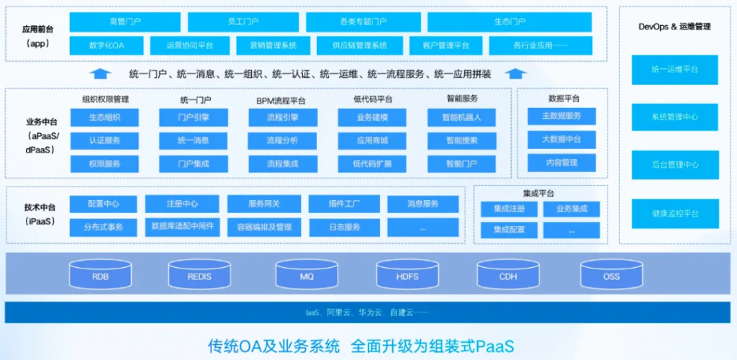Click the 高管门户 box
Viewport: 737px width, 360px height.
[125, 22]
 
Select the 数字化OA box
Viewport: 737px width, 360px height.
[107, 45]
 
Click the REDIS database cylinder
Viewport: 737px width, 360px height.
[199, 276]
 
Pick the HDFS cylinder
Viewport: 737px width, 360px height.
[407, 276]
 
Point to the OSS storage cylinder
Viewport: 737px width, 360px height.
[611, 276]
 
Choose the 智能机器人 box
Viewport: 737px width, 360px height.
[461, 117]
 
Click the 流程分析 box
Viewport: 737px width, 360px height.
[282, 140]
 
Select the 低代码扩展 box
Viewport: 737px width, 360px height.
[372, 163]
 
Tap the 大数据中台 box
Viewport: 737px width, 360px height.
[561, 139]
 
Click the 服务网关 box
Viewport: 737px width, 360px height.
[263, 204]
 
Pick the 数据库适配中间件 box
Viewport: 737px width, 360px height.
[182, 227]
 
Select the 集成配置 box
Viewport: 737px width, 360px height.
[509, 230]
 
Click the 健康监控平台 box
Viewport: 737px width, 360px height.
[674, 213]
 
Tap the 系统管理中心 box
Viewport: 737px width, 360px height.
[674, 117]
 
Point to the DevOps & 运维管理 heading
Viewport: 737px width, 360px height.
[674, 27]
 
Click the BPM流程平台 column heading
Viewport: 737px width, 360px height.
[281, 100]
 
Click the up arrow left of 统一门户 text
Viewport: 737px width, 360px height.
[101, 73]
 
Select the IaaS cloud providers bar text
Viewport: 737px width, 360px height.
[367, 312]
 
